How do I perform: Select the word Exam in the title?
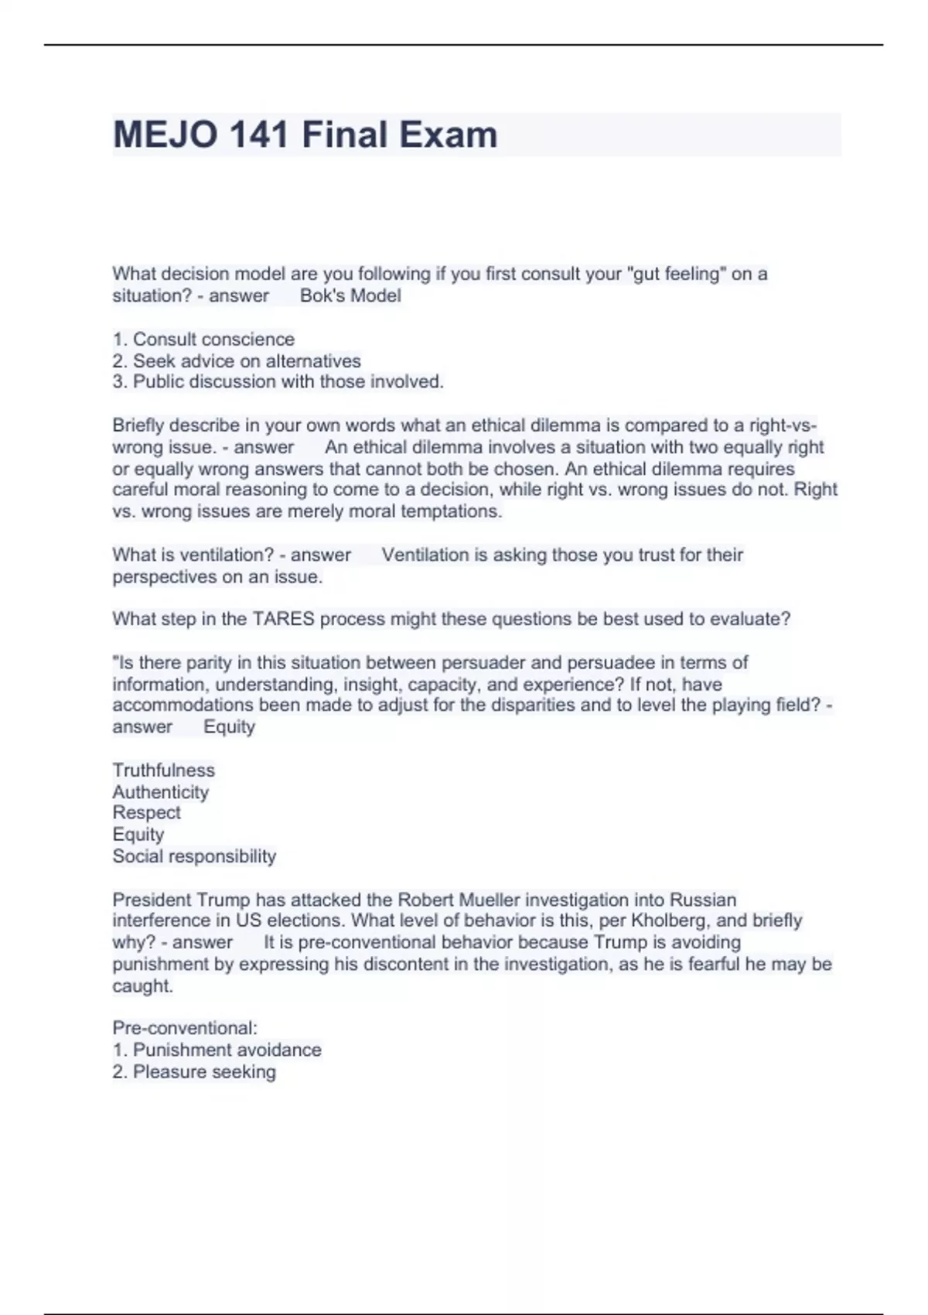[449, 135]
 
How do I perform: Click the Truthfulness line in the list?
[164, 770]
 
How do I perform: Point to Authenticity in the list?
[161, 792]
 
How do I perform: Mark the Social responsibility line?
[194, 856]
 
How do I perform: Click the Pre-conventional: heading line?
[185, 1028]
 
